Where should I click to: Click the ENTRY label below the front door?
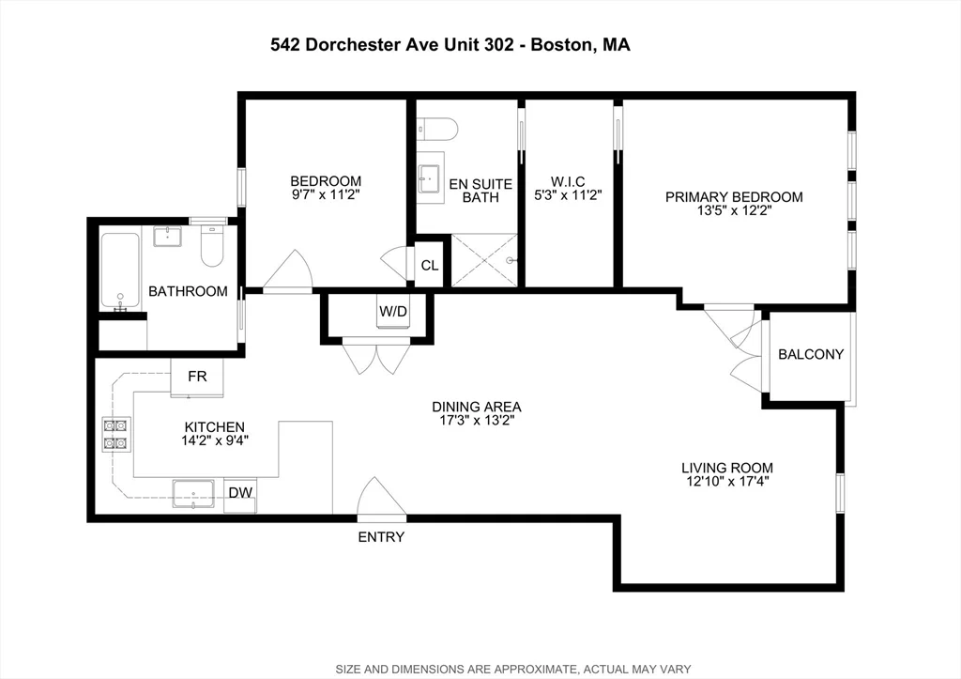coord(381,537)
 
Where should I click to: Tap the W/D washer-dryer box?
coord(394,312)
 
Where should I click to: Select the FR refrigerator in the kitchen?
coord(197,378)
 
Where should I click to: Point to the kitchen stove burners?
coord(114,435)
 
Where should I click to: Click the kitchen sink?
coord(192,493)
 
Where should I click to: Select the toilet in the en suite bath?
coord(436,128)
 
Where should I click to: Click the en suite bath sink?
coord(431,180)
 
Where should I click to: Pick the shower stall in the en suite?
coord(484,260)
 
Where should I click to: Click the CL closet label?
coord(429,266)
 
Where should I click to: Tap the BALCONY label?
coord(812,355)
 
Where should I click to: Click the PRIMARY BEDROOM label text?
coord(734,196)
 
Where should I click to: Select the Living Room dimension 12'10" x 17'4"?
coord(727,483)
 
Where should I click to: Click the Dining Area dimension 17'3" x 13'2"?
coord(477,421)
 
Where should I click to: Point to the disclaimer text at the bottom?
coord(513,669)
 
